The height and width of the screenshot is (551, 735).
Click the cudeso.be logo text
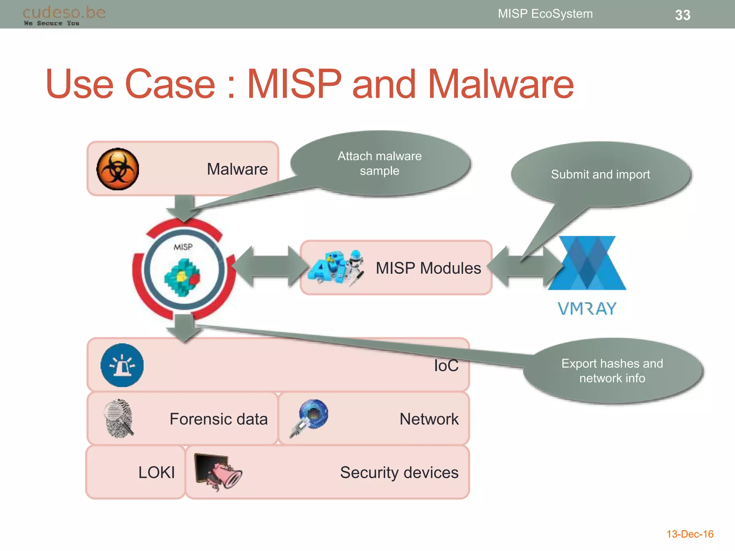[64, 13]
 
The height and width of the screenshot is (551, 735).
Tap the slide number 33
[682, 15]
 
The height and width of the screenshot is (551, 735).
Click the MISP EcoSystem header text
[545, 14]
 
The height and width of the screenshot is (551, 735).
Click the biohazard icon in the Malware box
[118, 169]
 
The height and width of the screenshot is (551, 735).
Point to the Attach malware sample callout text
[379, 163]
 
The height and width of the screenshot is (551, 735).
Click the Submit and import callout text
[600, 174]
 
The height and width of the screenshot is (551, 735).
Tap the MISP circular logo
[184, 270]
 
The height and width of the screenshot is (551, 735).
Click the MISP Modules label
[428, 268]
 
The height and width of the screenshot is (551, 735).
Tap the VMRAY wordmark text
[587, 309]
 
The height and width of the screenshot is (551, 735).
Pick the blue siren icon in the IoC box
[122, 365]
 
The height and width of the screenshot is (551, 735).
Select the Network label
[429, 419]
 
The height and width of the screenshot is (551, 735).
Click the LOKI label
[156, 472]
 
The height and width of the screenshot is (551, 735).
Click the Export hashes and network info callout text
[612, 371]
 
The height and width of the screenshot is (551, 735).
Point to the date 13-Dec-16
[689, 534]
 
